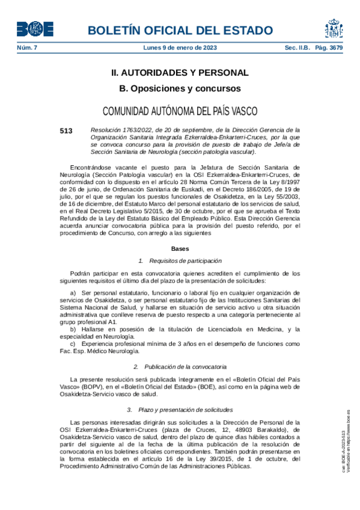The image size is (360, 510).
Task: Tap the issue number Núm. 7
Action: point(26,48)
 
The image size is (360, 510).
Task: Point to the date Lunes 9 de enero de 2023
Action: point(180,48)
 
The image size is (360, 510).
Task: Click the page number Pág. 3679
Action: point(328,48)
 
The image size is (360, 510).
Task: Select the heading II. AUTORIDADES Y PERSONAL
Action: point(180,73)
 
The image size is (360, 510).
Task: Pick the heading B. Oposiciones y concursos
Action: point(180,88)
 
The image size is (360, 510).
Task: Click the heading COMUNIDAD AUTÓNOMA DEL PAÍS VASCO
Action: point(180,111)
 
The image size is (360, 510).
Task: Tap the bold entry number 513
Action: point(66,131)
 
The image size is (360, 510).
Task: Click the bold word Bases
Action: point(180,248)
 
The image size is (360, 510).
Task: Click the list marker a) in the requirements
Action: point(73,292)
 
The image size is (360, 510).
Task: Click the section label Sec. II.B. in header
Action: point(298,48)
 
